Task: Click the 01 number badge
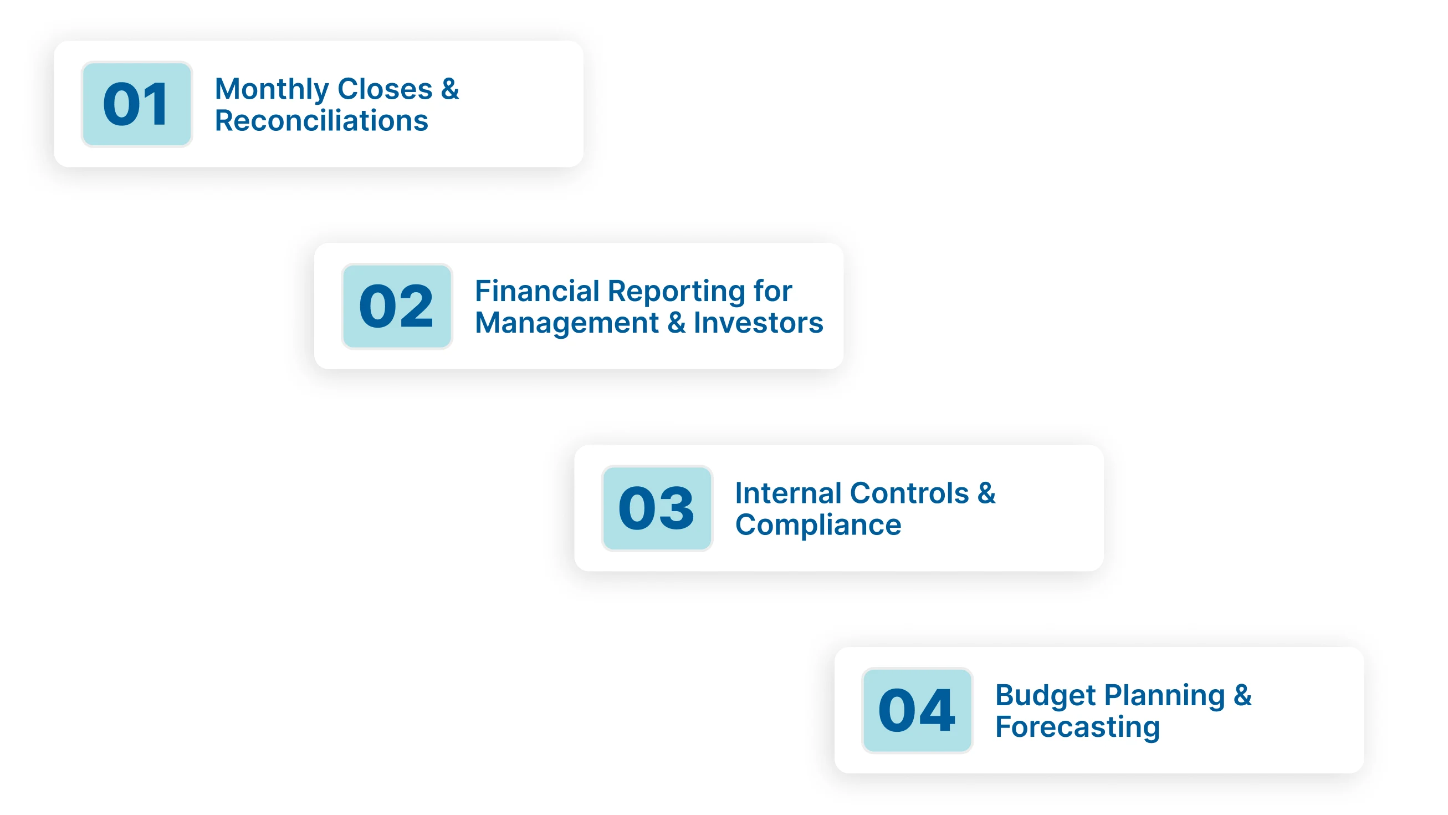(136, 104)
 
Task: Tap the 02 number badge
(397, 306)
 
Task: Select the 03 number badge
(657, 508)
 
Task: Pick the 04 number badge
(917, 710)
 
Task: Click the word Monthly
(272, 89)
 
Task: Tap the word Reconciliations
(321, 121)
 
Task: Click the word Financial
(537, 292)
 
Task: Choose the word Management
(566, 323)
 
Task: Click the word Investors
(758, 323)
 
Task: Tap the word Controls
(909, 493)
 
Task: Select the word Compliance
(818, 526)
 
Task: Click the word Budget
(1045, 696)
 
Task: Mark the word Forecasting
(1077, 727)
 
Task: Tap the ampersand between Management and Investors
(676, 323)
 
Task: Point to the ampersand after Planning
(1242, 695)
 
